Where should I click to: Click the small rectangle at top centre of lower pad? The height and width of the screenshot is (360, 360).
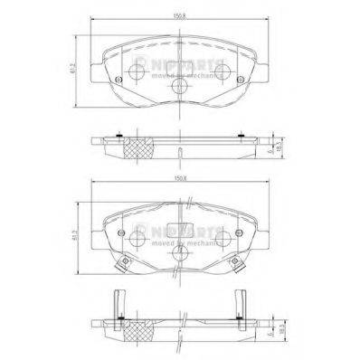(180, 228)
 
